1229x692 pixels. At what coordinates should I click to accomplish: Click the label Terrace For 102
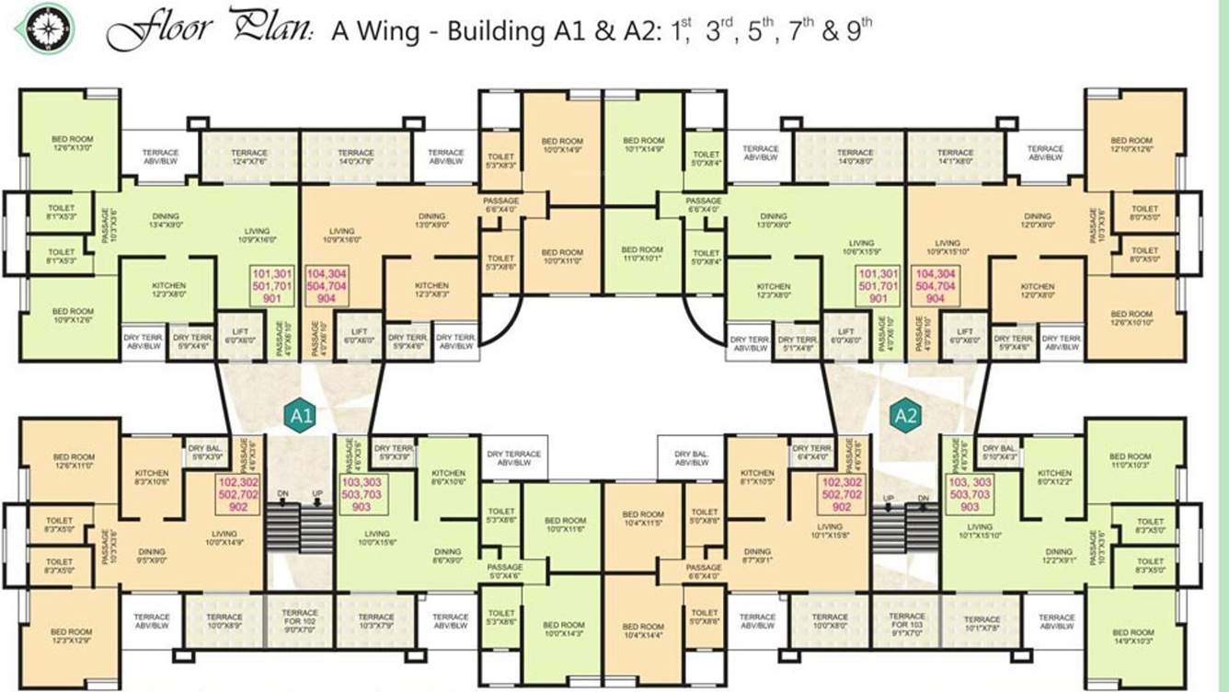[x=299, y=623]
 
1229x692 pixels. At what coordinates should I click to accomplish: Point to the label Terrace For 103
[x=906, y=623]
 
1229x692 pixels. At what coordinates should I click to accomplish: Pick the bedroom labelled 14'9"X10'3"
[x=1131, y=638]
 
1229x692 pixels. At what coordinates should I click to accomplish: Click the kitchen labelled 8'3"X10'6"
[x=151, y=475]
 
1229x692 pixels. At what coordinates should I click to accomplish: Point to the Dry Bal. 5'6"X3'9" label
[x=205, y=453]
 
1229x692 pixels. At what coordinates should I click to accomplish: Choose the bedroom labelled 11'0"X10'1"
[x=641, y=254]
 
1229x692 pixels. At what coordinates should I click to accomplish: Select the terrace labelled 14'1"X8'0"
[x=955, y=157]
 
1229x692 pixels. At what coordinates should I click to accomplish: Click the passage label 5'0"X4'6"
[x=504, y=571]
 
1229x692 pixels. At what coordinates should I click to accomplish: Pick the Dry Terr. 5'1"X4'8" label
[x=797, y=343]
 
